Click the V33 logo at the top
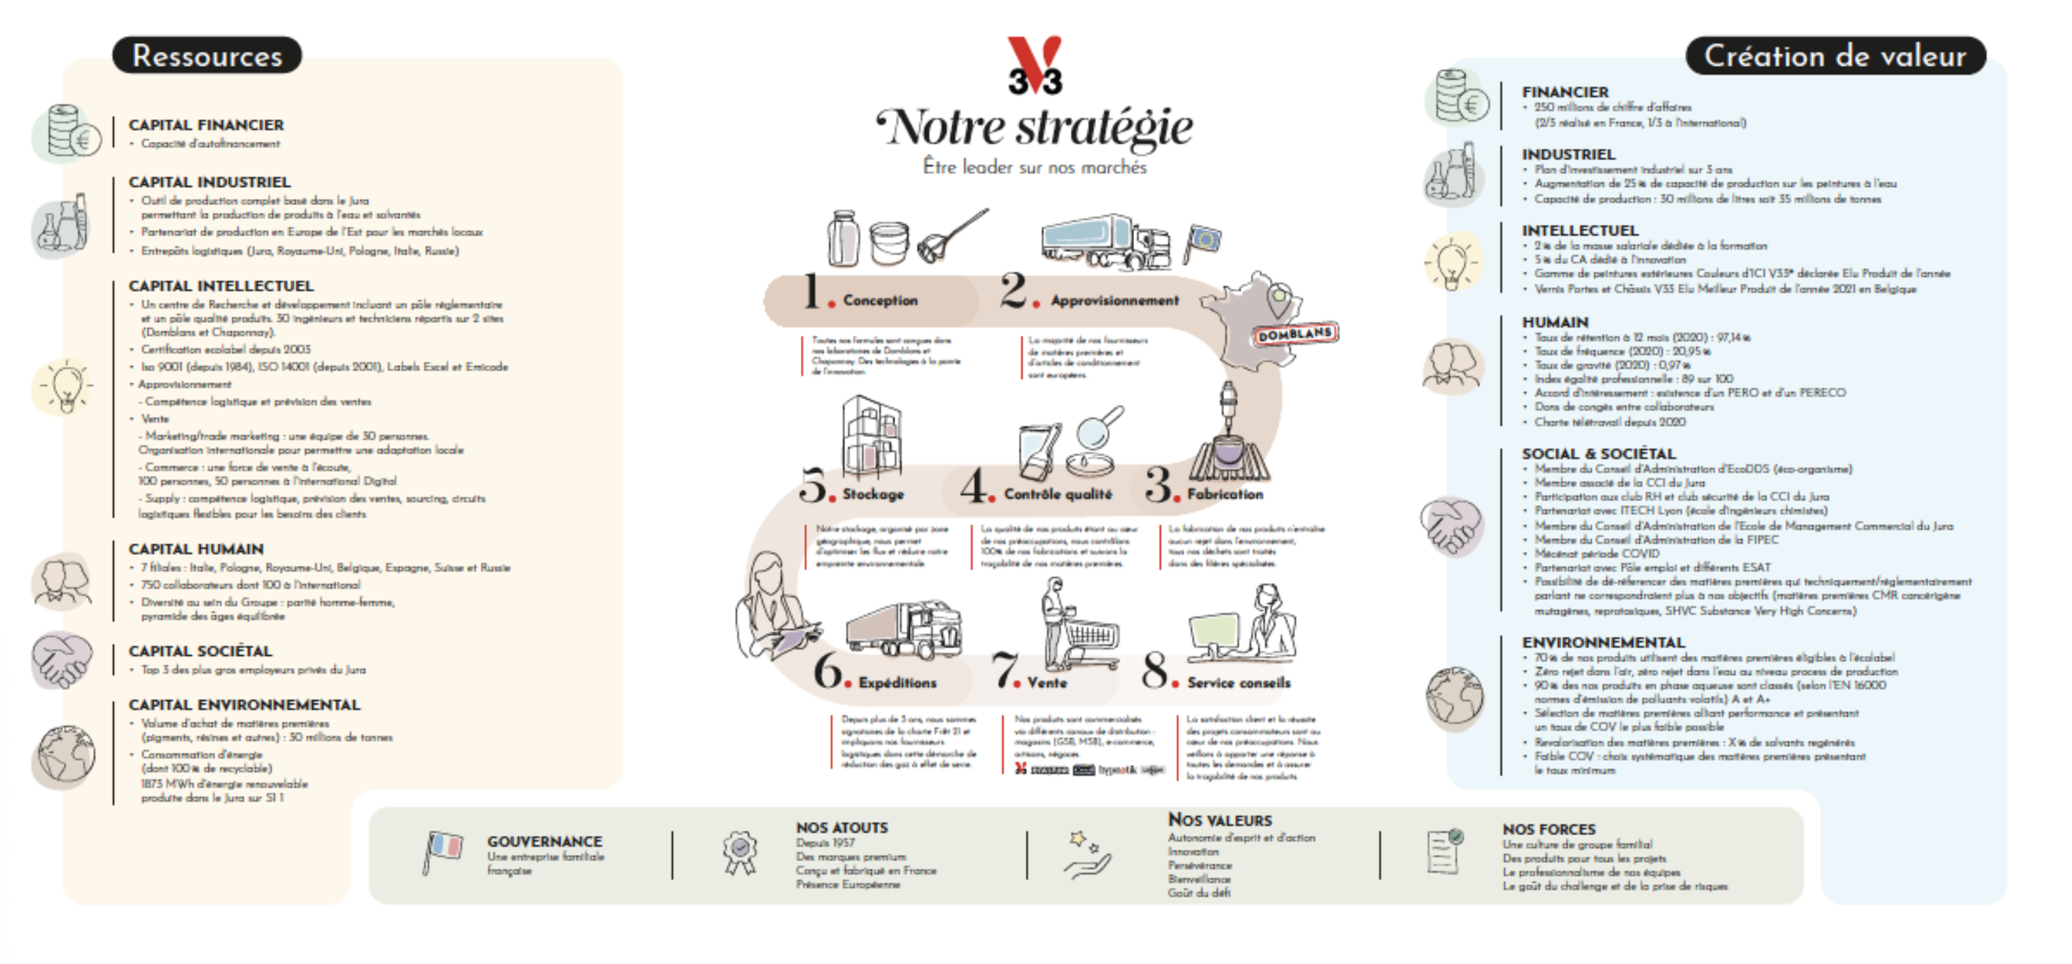[1035, 66]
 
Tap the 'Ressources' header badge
[207, 55]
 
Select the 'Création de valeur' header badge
[1835, 55]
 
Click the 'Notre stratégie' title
[1035, 127]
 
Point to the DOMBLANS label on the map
[1295, 333]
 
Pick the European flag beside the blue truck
[1203, 241]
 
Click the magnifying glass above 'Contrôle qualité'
[1099, 427]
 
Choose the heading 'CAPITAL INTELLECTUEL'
[222, 286]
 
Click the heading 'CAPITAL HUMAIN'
[196, 549]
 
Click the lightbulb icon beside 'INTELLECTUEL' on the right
[1452, 262]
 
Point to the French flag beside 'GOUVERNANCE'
[443, 852]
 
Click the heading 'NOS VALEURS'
[1219, 820]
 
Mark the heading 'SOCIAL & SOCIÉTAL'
[1598, 453]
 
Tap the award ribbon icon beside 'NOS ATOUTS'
[740, 852]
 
